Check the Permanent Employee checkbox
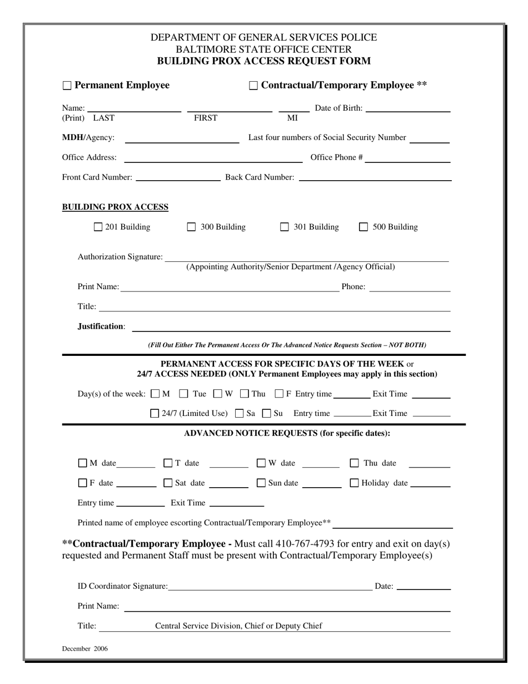pyautogui.click(x=67, y=86)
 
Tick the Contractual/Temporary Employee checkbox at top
pyautogui.click(x=253, y=86)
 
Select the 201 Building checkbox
pyautogui.click(x=98, y=227)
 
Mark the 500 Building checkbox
pyautogui.click(x=364, y=227)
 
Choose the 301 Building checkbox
pyautogui.click(x=285, y=227)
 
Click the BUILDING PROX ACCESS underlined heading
pyautogui.click(x=115, y=207)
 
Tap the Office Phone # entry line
pyautogui.click(x=407, y=159)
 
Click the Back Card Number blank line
pyautogui.click(x=375, y=178)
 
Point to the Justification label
pyautogui.click(x=101, y=326)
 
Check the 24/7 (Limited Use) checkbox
pyautogui.click(x=155, y=413)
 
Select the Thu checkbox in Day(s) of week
pyautogui.click(x=245, y=394)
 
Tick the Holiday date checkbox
pyautogui.click(x=354, y=483)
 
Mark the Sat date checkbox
pyautogui.click(x=168, y=483)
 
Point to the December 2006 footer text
pyautogui.click(x=85, y=648)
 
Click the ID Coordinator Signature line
pyautogui.click(x=270, y=587)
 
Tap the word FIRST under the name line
pyautogui.click(x=205, y=118)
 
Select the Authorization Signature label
pyautogui.click(x=120, y=257)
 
